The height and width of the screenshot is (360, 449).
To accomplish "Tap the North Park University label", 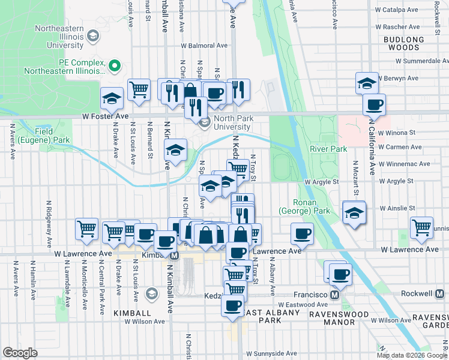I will pyautogui.click(x=224, y=122).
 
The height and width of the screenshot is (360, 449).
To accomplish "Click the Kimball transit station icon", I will pyautogui.click(x=174, y=255).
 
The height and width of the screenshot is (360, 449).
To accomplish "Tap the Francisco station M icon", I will pyautogui.click(x=335, y=295).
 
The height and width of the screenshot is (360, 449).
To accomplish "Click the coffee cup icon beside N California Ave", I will pyautogui.click(x=374, y=104).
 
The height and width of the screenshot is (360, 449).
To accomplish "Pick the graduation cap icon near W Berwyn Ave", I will pyautogui.click(x=367, y=83).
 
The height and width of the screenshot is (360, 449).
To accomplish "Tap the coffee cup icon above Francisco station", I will pyautogui.click(x=340, y=274).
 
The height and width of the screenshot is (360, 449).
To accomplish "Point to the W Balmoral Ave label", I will pyautogui.click(x=205, y=46).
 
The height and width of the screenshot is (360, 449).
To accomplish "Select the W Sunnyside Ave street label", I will pyautogui.click(x=272, y=354).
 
